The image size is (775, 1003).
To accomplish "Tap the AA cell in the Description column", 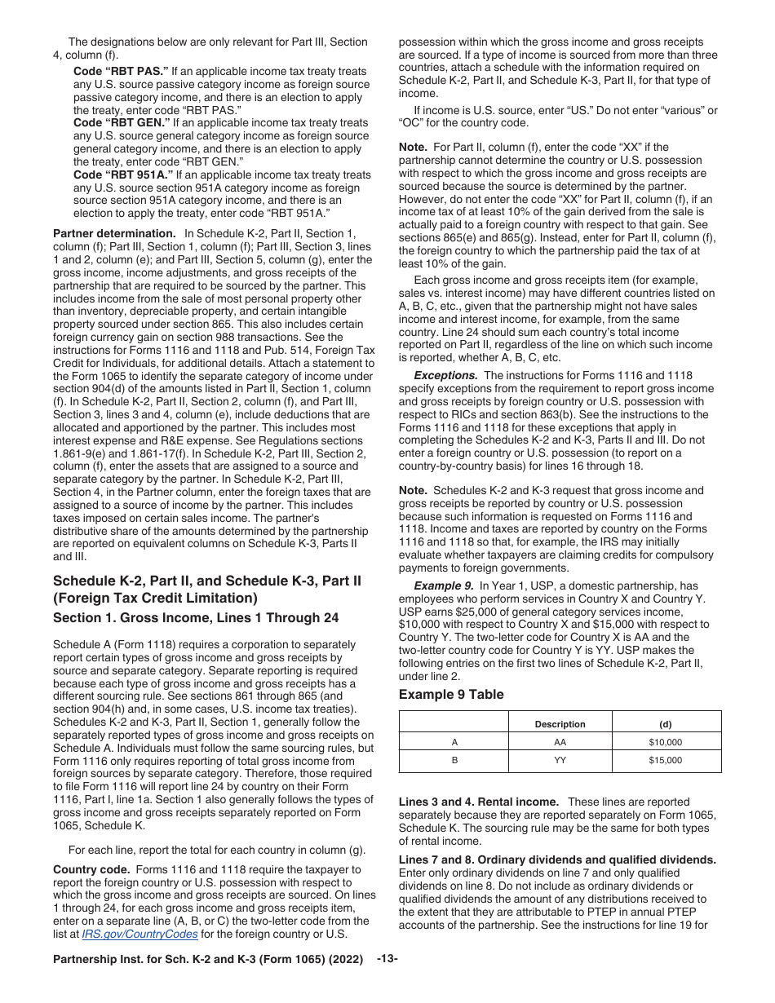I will (560, 742).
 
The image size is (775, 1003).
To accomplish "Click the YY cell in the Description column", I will (560, 760).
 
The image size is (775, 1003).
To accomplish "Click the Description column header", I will (560, 723).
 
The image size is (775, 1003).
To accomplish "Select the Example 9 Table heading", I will (451, 695).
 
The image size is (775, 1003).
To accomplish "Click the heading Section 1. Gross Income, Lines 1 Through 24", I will (196, 618).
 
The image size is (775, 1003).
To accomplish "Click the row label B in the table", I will (454, 760).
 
